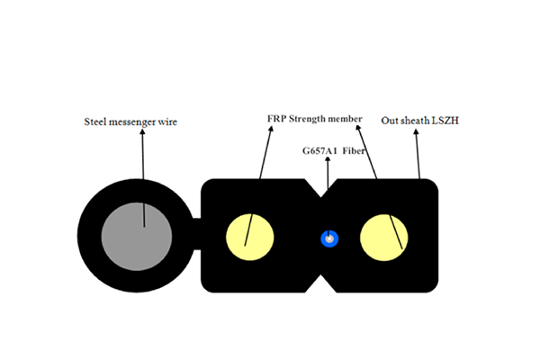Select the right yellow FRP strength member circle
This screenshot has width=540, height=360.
(384, 238)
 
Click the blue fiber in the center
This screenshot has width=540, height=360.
(330, 239)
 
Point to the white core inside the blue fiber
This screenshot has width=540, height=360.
(330, 239)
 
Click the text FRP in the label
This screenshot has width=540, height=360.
(276, 118)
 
